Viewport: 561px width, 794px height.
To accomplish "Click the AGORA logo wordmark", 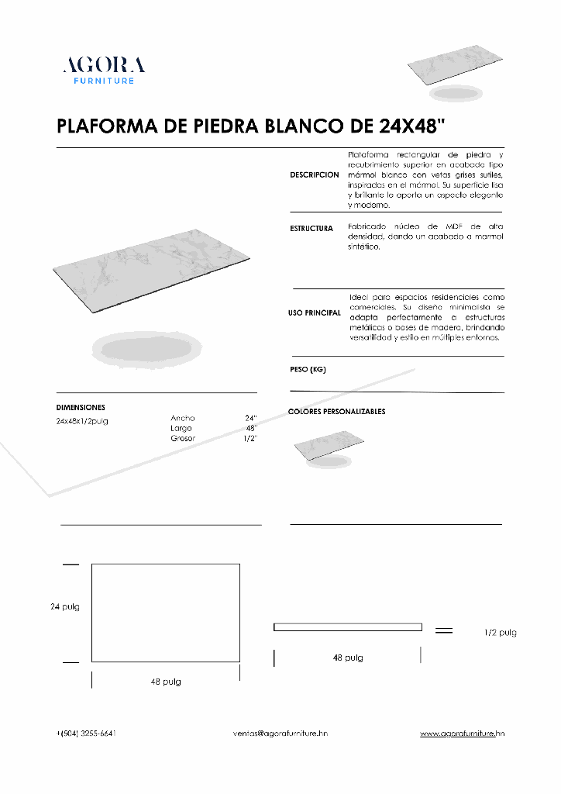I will (104, 65).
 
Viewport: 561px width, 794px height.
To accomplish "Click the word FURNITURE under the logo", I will (104, 81).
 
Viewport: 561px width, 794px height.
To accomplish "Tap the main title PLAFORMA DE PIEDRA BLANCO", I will (251, 126).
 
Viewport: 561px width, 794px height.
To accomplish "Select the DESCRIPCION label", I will (315, 175).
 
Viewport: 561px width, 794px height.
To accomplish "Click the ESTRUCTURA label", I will (311, 229).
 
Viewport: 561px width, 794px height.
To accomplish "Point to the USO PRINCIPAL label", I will (315, 313).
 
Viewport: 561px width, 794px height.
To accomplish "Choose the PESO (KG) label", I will (308, 370).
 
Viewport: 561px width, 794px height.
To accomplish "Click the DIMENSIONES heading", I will (81, 407).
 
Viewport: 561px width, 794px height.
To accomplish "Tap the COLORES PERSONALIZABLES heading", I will (336, 412).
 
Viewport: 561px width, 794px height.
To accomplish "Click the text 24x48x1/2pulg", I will (82, 420).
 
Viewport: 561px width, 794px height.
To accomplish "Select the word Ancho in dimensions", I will (183, 418).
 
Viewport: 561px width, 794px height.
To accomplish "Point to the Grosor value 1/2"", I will (250, 438).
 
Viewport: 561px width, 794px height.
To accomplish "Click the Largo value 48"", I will (251, 428).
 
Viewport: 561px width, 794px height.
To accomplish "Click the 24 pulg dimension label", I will (65, 606).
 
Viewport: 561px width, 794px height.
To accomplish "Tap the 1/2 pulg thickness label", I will (500, 633).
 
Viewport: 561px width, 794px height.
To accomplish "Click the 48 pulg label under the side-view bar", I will (348, 658).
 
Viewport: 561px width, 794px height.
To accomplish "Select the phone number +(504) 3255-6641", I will (87, 733).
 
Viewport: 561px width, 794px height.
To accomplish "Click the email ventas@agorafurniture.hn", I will (280, 733).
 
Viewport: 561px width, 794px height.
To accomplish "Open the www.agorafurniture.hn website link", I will (463, 733).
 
